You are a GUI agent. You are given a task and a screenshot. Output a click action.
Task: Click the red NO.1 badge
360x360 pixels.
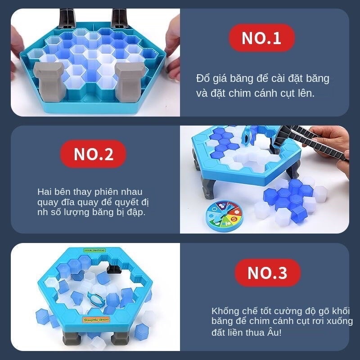pyautogui.click(x=262, y=38)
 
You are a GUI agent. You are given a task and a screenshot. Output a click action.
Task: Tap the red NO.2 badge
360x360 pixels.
pyautogui.click(x=93, y=154)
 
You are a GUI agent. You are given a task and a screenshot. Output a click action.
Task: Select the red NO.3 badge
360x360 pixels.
pyautogui.click(x=267, y=273)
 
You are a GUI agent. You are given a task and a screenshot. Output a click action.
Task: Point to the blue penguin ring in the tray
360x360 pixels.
pyautogui.click(x=96, y=298)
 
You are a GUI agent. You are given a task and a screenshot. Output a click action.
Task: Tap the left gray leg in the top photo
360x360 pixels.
pyautogui.click(x=49, y=81)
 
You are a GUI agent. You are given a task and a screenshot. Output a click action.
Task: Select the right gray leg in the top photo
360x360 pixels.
pyautogui.click(x=130, y=81)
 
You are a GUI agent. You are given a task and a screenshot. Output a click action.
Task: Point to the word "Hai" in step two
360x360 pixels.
pyautogui.click(x=45, y=192)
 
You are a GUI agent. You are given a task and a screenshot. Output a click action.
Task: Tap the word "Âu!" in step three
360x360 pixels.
pyautogui.click(x=274, y=332)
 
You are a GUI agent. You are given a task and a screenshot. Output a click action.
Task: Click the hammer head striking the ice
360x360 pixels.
pyautogui.click(x=281, y=137)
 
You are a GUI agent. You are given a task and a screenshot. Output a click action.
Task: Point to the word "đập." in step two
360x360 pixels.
pyautogui.click(x=137, y=212)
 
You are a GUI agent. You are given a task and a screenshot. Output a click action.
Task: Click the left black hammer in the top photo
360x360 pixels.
pyautogui.click(x=67, y=18)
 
